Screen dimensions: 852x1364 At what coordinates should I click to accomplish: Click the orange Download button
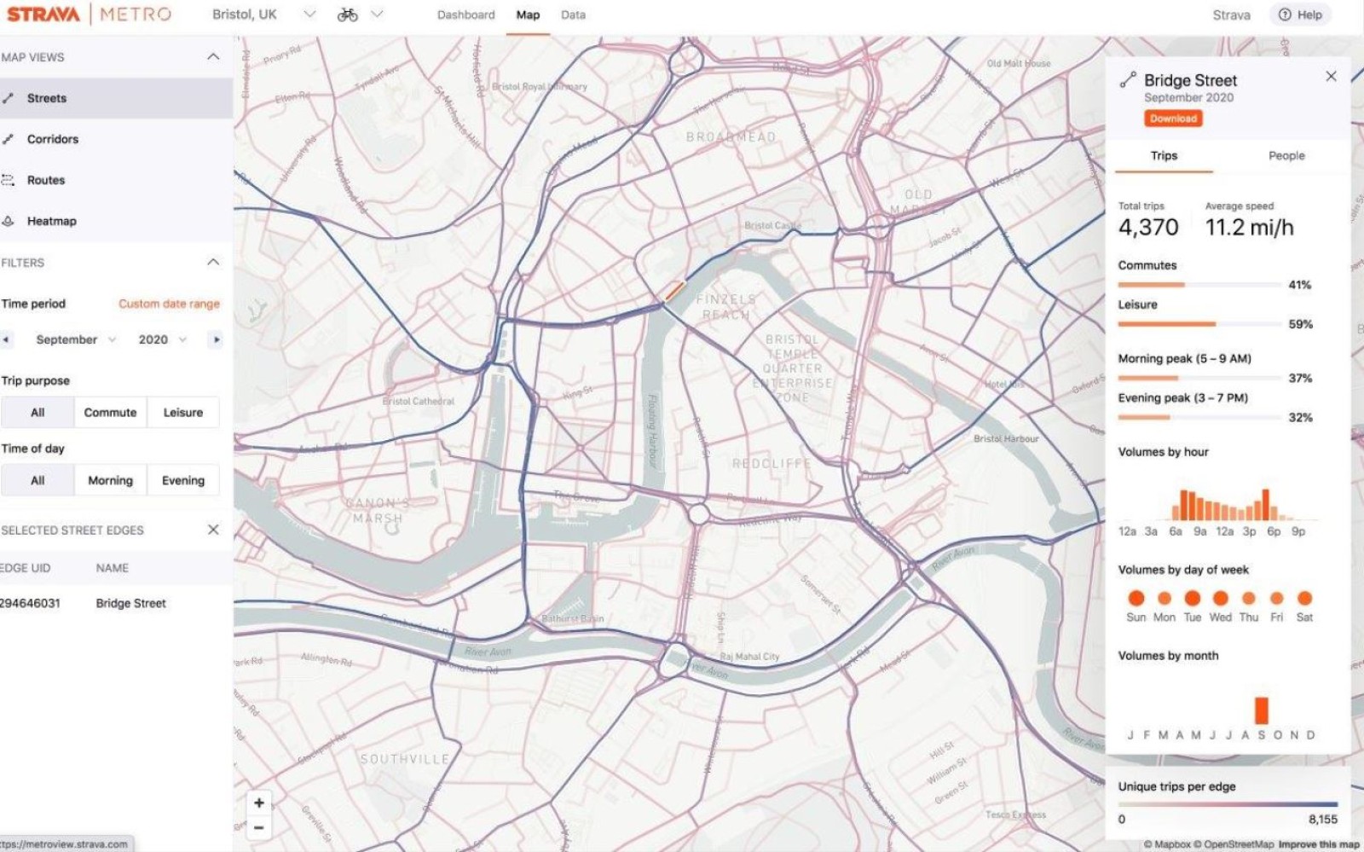click(x=1173, y=119)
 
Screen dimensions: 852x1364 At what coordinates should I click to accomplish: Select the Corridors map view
click(x=52, y=139)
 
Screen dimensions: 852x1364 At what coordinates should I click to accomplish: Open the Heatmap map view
click(x=51, y=221)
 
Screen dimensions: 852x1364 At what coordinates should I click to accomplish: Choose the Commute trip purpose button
click(x=110, y=412)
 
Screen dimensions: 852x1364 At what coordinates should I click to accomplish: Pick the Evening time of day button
click(x=182, y=480)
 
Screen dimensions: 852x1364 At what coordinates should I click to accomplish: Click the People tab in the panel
click(x=1286, y=155)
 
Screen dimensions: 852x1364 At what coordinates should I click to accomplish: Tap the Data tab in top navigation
click(x=573, y=14)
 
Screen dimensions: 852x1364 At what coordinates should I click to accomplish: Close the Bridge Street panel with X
click(x=1331, y=77)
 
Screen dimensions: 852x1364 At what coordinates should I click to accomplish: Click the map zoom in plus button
click(x=259, y=803)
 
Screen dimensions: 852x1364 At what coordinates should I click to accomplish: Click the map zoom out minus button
click(x=259, y=827)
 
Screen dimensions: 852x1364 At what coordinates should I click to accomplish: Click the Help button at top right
click(x=1301, y=14)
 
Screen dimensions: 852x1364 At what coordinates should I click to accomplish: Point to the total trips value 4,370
click(x=1147, y=227)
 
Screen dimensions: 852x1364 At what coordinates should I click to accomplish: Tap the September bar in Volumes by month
click(x=1261, y=710)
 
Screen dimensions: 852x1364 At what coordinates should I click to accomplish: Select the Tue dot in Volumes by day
click(x=1192, y=598)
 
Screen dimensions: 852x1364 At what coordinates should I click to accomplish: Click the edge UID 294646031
click(x=31, y=603)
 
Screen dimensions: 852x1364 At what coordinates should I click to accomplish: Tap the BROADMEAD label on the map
click(x=731, y=136)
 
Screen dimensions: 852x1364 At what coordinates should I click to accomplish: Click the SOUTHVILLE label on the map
click(x=404, y=758)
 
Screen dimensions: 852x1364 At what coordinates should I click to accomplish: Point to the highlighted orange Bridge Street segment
click(x=673, y=292)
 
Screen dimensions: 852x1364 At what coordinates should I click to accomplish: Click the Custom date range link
click(x=169, y=304)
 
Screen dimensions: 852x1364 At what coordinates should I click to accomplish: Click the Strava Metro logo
click(x=89, y=14)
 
